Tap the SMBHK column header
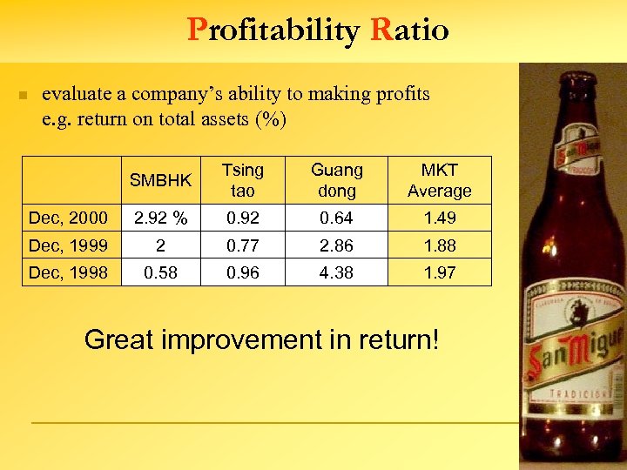(160, 181)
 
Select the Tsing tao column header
(242, 180)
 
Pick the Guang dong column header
(337, 180)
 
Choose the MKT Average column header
(439, 180)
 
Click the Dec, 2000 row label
(69, 218)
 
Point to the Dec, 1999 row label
(69, 245)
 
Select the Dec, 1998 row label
(69, 272)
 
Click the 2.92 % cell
(160, 218)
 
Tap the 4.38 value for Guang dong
(337, 272)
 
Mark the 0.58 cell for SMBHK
(160, 272)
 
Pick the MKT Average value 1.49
(439, 218)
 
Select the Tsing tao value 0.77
(242, 245)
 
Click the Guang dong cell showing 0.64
(337, 218)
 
